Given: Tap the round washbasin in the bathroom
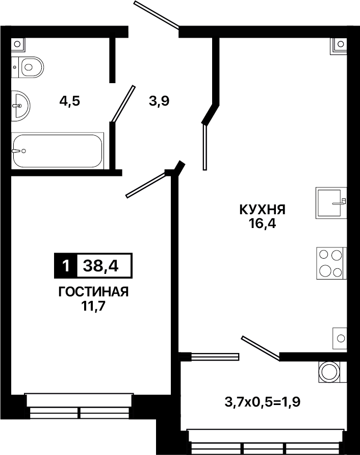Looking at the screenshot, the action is (20, 106).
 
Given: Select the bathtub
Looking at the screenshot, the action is (58, 150).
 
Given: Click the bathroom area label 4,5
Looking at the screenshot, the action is (70, 102).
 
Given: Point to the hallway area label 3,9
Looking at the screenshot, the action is (159, 102).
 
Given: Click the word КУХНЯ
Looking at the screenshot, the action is (263, 210).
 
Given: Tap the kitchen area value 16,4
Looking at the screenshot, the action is (262, 223).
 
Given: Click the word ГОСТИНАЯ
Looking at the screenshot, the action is (93, 292).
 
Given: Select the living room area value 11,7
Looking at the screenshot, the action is (93, 306).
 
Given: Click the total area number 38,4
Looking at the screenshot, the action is (100, 266).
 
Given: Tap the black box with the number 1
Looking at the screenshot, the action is (66, 266).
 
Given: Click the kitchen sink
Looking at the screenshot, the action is (331, 203).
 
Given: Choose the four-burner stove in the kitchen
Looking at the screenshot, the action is (331, 263).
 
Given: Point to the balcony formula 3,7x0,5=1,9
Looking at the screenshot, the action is (262, 402).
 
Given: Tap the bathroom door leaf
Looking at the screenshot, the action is (123, 104).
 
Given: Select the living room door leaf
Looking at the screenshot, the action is (146, 185).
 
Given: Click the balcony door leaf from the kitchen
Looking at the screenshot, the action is (261, 348).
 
